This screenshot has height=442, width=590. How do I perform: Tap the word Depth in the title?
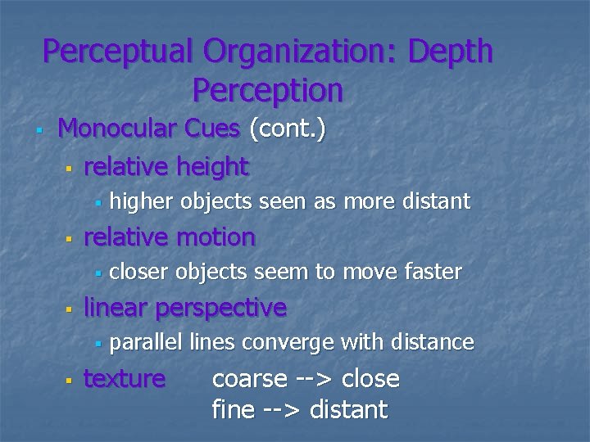coord(451,52)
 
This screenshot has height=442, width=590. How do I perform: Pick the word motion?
coord(215,237)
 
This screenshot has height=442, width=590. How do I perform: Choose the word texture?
coord(125,379)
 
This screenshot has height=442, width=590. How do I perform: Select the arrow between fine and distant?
coord(282,408)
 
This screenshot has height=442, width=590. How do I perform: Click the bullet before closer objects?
coord(96,273)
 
